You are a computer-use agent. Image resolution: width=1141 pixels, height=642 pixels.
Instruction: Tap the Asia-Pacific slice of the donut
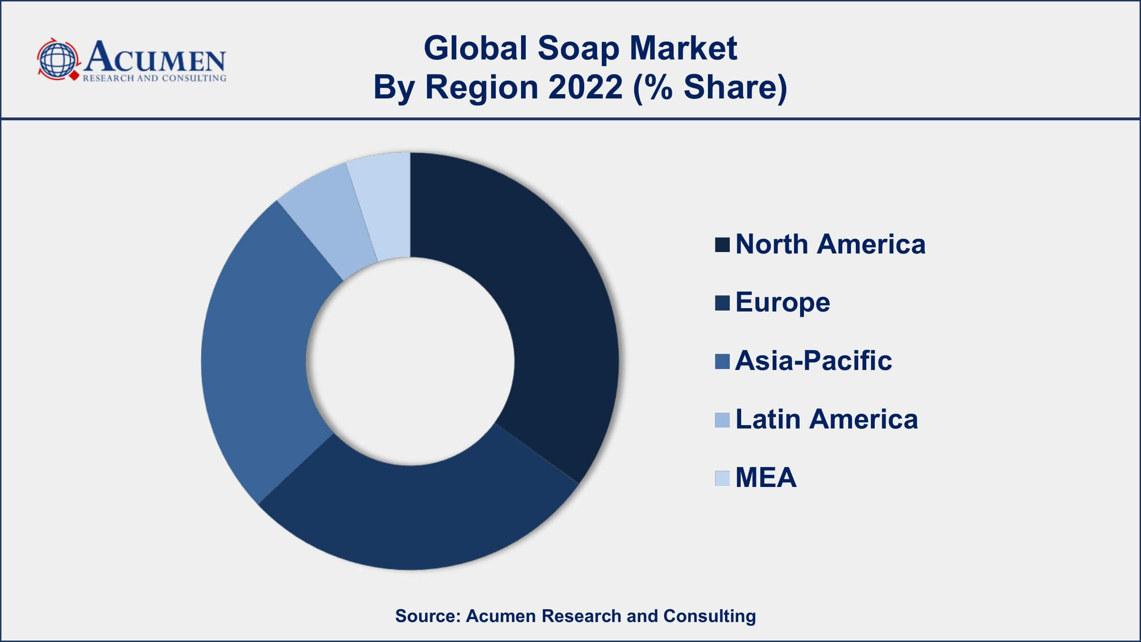257,352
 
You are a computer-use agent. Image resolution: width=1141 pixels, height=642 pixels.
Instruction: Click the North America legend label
830,244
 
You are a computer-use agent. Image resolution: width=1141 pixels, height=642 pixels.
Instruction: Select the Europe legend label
783,302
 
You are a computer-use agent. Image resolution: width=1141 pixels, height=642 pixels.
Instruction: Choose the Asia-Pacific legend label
813,360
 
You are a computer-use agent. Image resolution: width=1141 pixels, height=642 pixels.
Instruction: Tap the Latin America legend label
826,419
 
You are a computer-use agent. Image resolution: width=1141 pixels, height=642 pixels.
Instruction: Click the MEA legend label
765,477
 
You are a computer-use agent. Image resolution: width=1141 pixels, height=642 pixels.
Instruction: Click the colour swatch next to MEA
722,478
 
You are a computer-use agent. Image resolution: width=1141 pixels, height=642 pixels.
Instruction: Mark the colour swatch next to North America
722,245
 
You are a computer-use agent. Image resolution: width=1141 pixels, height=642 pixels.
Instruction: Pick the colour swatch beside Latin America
722,420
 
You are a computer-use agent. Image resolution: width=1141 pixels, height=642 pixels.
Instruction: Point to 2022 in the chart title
585,88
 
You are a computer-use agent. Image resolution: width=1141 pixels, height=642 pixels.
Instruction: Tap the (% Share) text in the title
710,88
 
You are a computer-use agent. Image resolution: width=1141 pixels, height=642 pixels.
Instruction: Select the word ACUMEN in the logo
155,57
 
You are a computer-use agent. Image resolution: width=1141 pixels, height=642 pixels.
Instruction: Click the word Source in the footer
427,616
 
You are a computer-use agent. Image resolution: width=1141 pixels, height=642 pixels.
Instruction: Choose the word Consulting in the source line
709,616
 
